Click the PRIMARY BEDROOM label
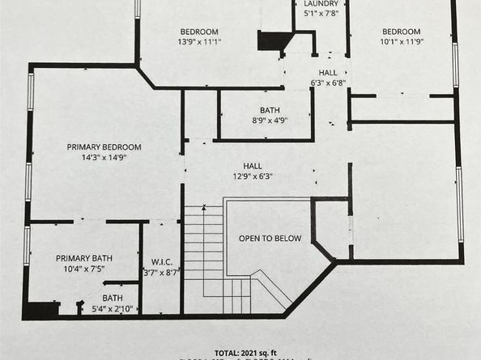point(104,146)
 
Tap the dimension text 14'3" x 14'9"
point(104,158)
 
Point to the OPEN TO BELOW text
point(270,239)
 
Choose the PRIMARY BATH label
point(84,258)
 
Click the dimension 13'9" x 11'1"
point(199,41)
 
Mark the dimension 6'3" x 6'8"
point(328,83)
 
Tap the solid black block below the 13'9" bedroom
point(270,41)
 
